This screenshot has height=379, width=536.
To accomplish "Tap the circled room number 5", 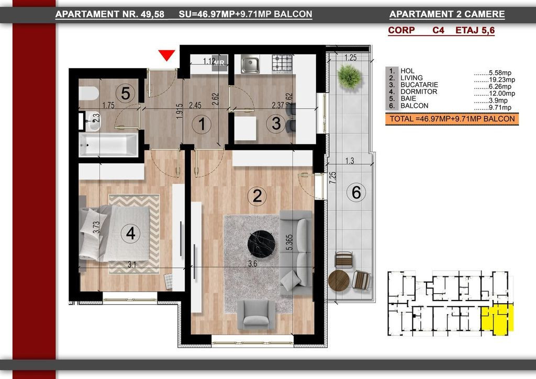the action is point(126,93).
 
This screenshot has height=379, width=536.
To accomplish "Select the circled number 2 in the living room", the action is point(257,196).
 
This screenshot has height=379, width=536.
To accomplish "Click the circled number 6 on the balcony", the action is point(356,192).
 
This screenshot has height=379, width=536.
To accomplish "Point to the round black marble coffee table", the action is point(262,243).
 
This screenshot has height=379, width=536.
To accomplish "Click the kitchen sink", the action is point(250,64).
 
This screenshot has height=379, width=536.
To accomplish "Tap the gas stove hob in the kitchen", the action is point(282,63).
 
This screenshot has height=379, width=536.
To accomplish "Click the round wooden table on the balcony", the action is point(339,281).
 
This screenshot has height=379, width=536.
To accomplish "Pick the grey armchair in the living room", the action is point(256,315).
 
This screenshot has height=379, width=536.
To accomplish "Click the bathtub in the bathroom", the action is point(108,144).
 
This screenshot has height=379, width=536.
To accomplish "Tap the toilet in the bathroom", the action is point(88,93).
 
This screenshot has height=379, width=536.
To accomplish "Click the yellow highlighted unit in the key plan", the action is point(497,319).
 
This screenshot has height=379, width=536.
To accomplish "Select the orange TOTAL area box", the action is point(452,119).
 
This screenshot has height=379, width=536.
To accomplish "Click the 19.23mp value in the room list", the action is point(501,80).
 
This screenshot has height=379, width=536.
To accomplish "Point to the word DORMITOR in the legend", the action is point(419,92).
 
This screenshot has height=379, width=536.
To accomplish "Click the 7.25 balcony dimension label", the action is point(332,177).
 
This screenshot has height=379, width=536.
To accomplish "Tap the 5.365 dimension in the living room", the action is point(289,242).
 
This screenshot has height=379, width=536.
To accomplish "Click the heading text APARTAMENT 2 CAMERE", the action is point(447,14).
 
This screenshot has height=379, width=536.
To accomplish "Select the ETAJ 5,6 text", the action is point(475,30).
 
